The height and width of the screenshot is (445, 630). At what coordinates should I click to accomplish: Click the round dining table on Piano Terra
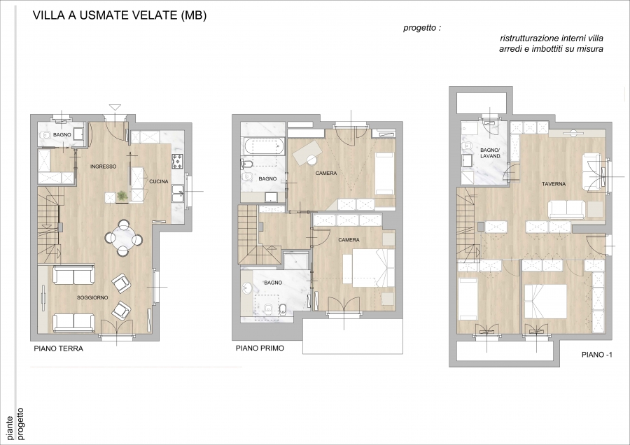(x=123, y=238)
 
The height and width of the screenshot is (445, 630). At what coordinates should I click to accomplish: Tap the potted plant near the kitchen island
(x=121, y=196)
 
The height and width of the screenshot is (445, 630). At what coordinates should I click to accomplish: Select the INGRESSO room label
(x=104, y=167)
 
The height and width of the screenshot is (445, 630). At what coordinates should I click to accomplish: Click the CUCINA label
(x=159, y=181)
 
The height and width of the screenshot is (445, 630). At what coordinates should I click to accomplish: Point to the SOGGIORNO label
(x=92, y=297)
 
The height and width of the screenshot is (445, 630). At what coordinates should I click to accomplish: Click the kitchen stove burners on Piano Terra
(x=177, y=161)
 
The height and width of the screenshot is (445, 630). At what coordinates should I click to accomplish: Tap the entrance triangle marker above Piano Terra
(x=115, y=107)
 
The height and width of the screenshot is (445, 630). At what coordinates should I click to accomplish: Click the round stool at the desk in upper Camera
(x=311, y=160)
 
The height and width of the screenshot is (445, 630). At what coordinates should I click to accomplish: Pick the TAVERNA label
(x=554, y=184)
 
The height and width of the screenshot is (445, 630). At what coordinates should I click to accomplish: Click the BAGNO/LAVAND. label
(x=491, y=153)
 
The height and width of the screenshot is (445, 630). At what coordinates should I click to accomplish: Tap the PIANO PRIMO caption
(x=260, y=348)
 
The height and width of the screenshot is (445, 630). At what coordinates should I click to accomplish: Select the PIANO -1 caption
(x=597, y=355)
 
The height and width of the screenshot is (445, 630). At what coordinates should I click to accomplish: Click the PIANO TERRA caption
(x=59, y=348)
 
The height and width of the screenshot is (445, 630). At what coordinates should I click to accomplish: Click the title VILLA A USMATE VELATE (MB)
(x=119, y=15)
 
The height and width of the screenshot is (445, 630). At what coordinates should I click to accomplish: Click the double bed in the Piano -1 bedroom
(x=545, y=302)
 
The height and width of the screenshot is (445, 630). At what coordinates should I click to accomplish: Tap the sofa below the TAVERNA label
(x=567, y=210)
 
